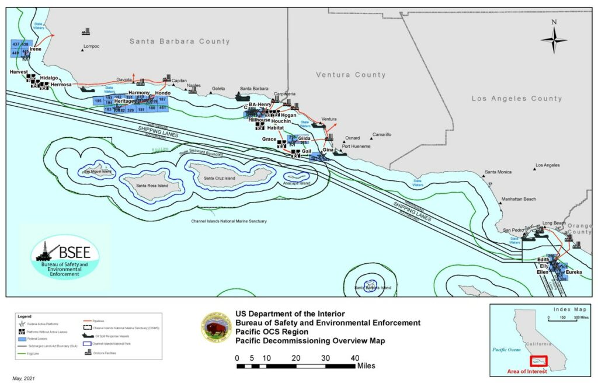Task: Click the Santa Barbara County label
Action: click(179, 41)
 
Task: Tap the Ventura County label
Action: click(350, 75)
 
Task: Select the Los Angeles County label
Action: click(517, 99)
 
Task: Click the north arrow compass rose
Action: click(554, 40)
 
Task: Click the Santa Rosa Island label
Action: click(152, 186)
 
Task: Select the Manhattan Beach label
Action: click(517, 200)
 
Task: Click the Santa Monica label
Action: click(498, 172)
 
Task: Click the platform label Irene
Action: click(36, 50)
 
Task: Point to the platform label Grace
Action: click(269, 139)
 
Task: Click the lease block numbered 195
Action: click(98, 101)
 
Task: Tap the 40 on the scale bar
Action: click(354, 358)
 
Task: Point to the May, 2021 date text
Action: click(24, 379)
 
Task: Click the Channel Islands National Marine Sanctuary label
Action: click(229, 221)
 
